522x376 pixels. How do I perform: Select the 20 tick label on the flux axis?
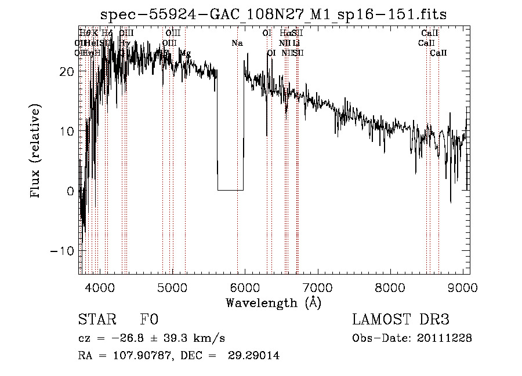click(x=67, y=71)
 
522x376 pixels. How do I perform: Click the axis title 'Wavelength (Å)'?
click(x=273, y=302)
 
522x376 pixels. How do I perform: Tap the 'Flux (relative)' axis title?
click(x=37, y=152)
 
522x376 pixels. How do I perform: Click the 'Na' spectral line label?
click(x=237, y=43)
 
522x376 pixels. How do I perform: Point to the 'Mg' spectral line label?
click(x=185, y=53)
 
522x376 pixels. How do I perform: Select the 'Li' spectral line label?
click(x=296, y=43)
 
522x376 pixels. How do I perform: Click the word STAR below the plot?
click(x=97, y=320)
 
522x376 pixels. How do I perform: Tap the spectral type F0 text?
click(x=149, y=320)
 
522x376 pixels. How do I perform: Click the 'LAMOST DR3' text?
click(x=401, y=320)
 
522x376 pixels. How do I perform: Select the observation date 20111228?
click(x=445, y=338)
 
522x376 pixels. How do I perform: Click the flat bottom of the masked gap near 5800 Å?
click(x=230, y=190)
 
